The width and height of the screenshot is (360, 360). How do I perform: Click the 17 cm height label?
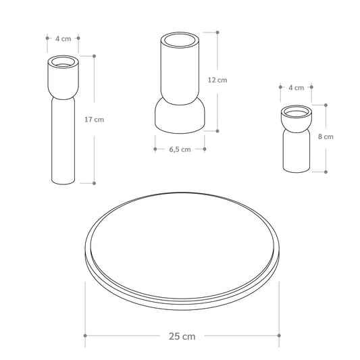(x=94, y=120)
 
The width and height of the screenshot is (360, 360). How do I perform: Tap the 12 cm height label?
(x=217, y=80)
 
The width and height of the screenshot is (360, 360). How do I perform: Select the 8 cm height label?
(x=326, y=136)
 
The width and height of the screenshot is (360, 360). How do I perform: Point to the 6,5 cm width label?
(x=180, y=149)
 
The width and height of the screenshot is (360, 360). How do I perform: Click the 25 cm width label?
(x=182, y=336)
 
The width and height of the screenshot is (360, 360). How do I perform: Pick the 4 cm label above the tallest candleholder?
(x=63, y=38)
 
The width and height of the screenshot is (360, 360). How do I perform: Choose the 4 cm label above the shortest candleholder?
(x=297, y=88)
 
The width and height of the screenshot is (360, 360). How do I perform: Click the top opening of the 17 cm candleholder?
(x=63, y=61)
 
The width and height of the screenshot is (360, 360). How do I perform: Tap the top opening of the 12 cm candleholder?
(x=180, y=40)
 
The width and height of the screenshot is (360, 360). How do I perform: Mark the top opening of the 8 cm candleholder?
(x=297, y=111)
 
